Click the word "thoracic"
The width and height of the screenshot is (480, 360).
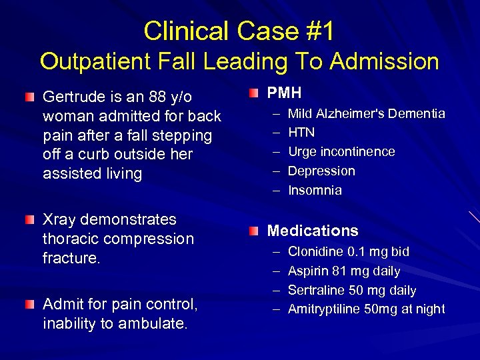pyautogui.click(x=70, y=239)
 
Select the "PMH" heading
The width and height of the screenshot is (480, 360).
pyautogui.click(x=285, y=93)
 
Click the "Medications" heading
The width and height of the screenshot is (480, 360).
pyautogui.click(x=313, y=231)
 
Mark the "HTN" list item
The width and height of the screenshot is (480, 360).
pyautogui.click(x=301, y=133)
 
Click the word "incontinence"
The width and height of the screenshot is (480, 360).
pyautogui.click(x=361, y=152)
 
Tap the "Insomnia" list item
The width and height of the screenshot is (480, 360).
pyautogui.click(x=315, y=191)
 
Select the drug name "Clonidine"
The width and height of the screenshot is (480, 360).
pyautogui.click(x=315, y=252)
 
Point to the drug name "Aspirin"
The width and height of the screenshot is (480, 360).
pyautogui.click(x=309, y=271)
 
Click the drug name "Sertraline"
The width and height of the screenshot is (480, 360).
pyautogui.click(x=317, y=291)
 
